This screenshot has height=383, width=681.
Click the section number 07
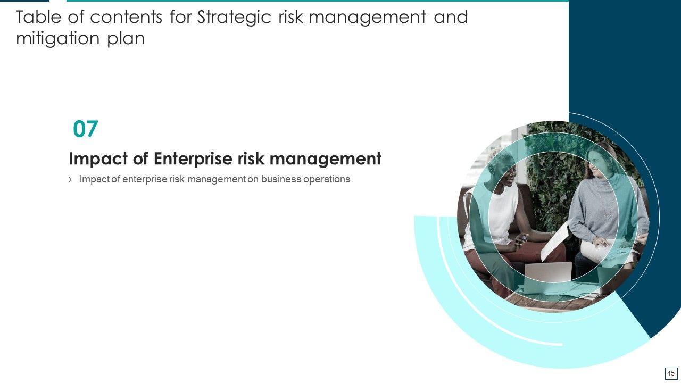pos(86,129)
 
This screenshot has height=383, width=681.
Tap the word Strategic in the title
pos(234,18)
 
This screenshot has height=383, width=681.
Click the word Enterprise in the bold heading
pos(193,159)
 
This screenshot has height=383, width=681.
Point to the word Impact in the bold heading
pos(98,159)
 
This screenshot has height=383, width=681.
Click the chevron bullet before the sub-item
pos(71,179)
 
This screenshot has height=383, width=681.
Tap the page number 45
pos(671,373)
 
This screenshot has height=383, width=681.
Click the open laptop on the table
pos(548,274)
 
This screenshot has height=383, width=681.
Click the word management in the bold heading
pos(325,159)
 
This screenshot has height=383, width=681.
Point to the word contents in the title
pos(126,18)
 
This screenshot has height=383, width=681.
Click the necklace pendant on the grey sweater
pos(608,216)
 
